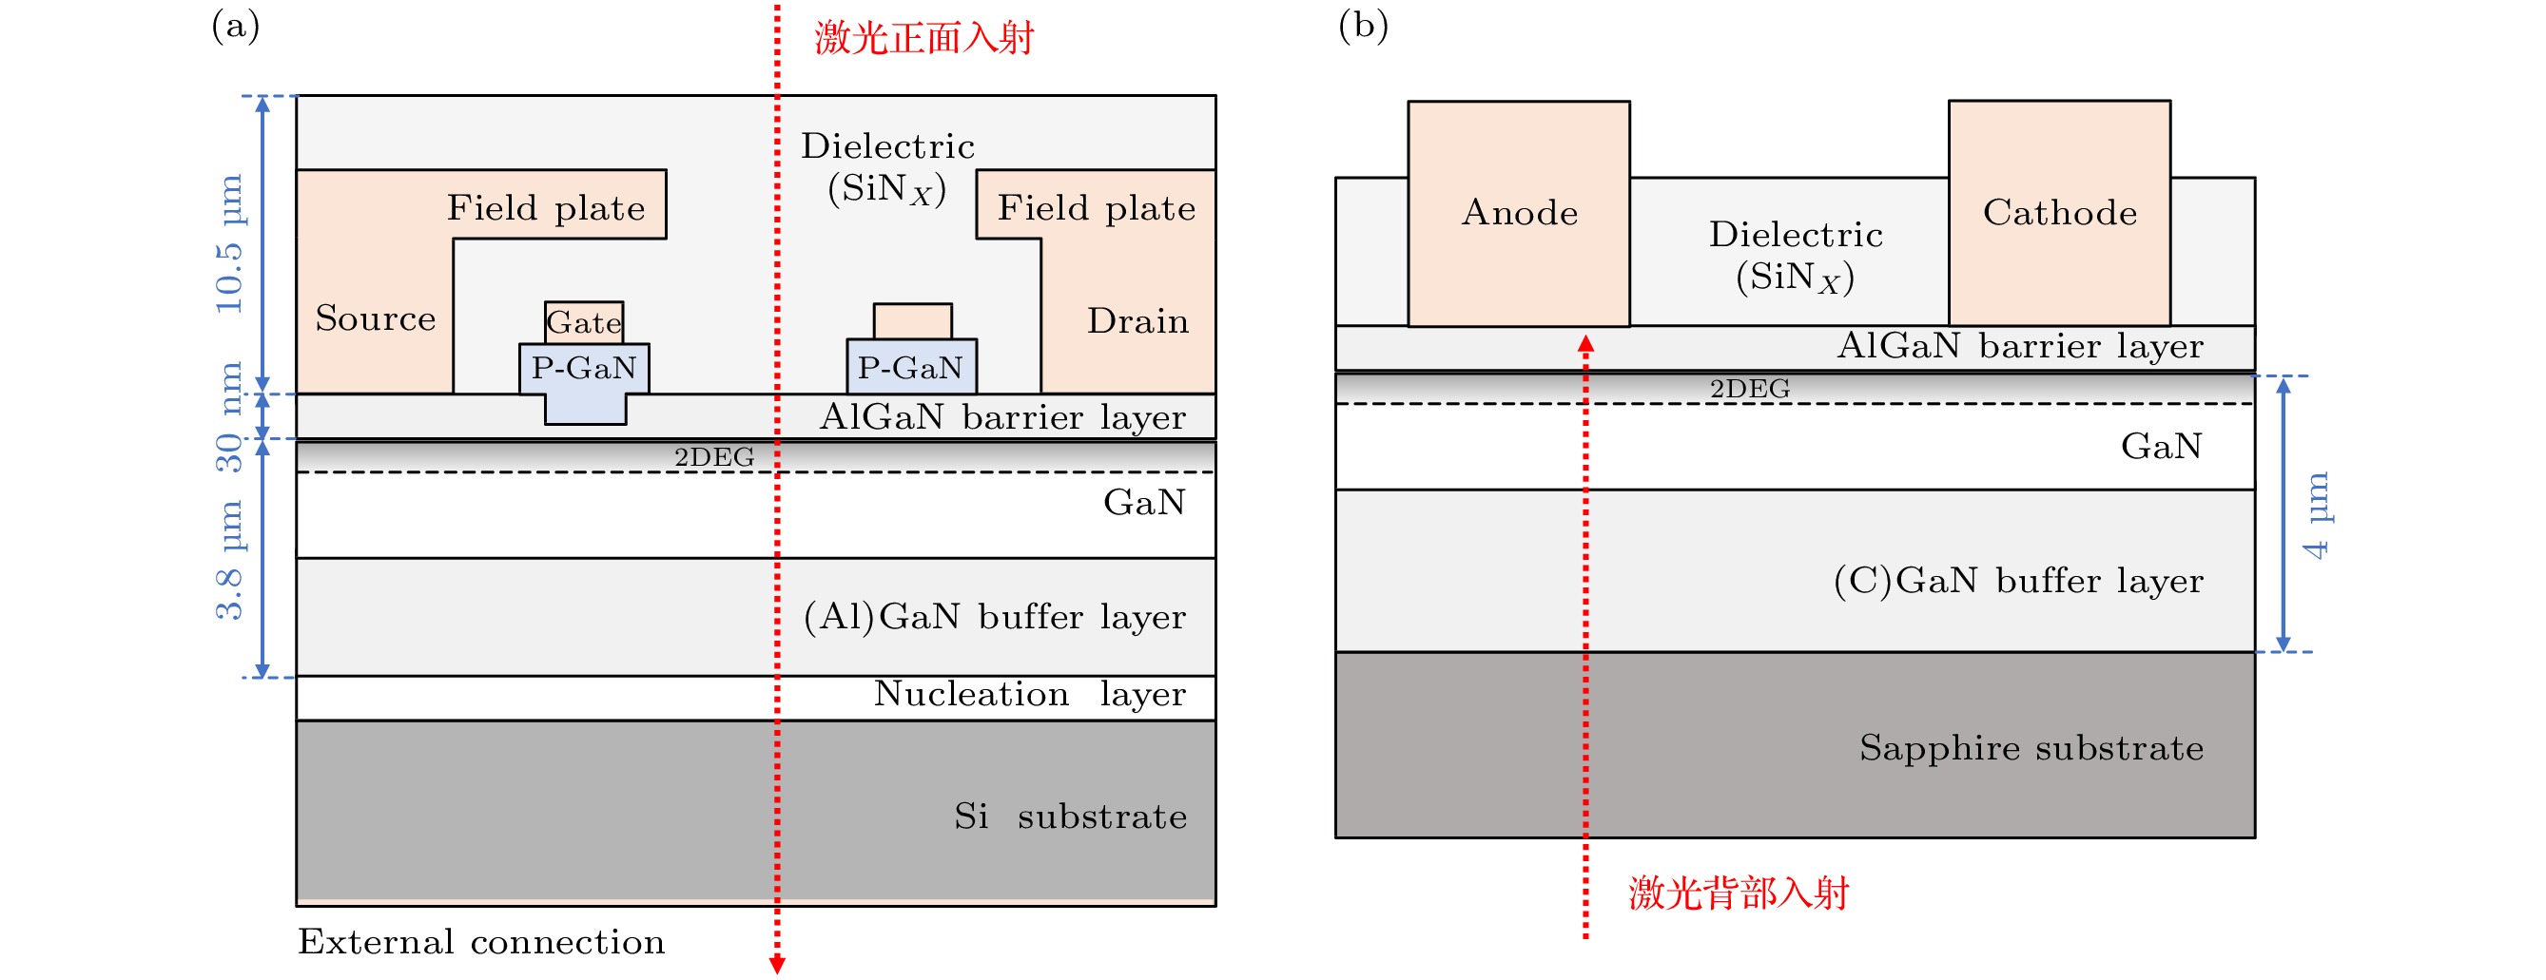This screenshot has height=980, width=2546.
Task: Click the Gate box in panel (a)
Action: tap(584, 322)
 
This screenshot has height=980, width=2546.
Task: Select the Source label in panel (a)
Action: tap(376, 318)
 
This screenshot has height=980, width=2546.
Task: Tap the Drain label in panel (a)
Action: tap(1137, 321)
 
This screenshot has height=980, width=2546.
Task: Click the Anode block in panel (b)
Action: tap(1518, 213)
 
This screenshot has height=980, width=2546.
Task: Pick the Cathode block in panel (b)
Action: tap(2059, 213)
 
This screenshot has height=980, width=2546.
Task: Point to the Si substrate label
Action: tap(1069, 816)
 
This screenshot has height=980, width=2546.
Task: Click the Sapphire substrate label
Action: tap(2031, 748)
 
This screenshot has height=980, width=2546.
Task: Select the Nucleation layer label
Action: tap(1029, 694)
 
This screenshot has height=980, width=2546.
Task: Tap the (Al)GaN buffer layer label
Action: tap(994, 617)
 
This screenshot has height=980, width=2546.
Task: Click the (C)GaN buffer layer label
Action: tap(2017, 580)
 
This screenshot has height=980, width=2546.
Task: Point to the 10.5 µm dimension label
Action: tap(229, 244)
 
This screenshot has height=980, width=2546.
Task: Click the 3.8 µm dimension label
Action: tap(229, 560)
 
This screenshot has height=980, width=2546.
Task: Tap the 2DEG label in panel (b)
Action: tap(1749, 388)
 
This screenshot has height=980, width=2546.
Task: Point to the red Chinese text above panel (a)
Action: tap(923, 37)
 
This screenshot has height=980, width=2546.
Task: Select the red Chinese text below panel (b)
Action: tap(1738, 893)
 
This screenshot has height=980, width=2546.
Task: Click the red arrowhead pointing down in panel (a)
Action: tap(777, 964)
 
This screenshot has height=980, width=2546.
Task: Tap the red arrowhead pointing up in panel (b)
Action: tap(1585, 344)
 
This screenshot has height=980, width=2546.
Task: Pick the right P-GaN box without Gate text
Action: tap(911, 367)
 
